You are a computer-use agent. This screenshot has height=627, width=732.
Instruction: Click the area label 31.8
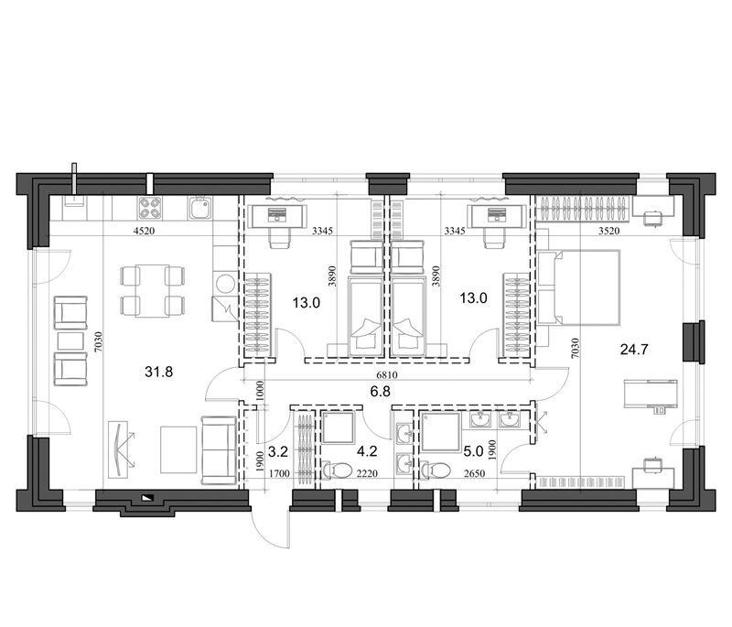pos(158,373)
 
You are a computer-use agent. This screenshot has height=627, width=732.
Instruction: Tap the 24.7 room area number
pos(634,350)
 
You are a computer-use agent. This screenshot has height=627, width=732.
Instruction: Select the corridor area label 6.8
pos(380,391)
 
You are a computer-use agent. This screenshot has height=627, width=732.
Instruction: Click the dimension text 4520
pos(144,230)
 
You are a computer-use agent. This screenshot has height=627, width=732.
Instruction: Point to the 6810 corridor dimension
pos(386,375)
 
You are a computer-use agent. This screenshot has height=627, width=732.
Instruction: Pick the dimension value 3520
pos(608,230)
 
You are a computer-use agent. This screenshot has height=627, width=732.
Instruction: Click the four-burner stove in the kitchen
pos(149,208)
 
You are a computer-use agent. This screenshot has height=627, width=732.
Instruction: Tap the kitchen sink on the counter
pos(200,208)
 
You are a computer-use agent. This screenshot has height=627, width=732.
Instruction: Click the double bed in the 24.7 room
pos(579,287)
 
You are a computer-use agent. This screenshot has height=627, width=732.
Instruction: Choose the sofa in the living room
pos(218,450)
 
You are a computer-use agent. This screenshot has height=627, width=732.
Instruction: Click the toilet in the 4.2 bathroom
pos(337,470)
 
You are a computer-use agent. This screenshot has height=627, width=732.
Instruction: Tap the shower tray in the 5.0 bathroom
pos(440,433)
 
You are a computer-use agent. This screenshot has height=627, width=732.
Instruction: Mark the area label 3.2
pos(278,451)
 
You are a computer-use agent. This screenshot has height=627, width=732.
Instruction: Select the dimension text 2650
pos(475,473)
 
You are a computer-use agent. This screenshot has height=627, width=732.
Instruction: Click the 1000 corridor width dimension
pos(260,391)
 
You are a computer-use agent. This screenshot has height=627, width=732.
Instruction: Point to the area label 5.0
pos(473,451)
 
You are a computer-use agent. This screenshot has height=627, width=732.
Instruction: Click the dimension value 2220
pos(367,473)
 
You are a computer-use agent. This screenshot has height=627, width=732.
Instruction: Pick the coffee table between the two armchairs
pos(70,341)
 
